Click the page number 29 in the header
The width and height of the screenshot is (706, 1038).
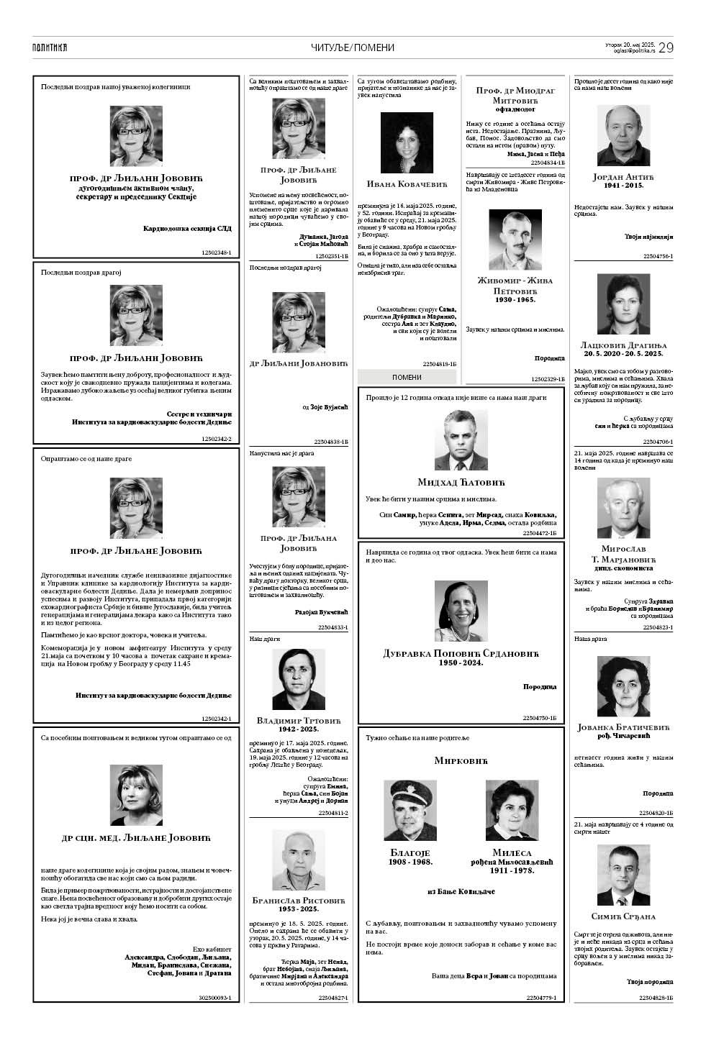point(666,47)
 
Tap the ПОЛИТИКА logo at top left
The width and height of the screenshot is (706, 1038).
point(50,47)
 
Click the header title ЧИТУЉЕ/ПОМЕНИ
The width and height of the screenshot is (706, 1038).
point(353,47)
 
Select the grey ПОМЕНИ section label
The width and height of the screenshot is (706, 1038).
point(407,377)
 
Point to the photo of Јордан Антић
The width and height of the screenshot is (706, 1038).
point(623,136)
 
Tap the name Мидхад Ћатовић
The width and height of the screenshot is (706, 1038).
point(461,482)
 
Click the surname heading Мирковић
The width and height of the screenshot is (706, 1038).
point(461,760)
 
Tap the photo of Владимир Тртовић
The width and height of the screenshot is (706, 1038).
point(298,679)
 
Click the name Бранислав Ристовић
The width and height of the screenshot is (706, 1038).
point(299,900)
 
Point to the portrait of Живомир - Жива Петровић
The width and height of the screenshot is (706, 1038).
point(515,240)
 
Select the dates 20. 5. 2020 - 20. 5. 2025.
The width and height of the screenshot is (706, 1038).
point(623,354)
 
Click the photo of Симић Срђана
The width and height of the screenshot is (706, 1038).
point(623,875)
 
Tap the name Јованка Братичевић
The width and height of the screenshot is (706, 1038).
point(623,727)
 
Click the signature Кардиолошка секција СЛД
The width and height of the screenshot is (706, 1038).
point(187,229)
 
